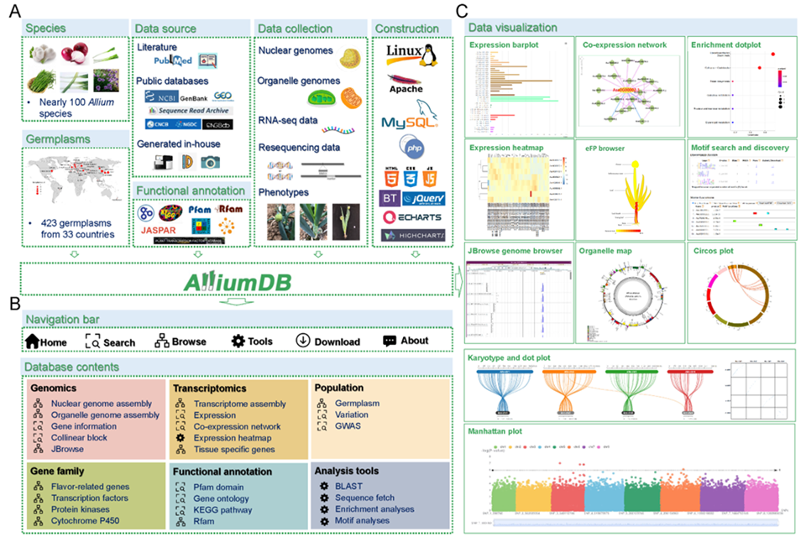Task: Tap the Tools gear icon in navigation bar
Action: click(x=238, y=341)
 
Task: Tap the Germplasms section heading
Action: click(x=57, y=138)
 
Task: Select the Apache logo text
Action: click(x=406, y=88)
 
